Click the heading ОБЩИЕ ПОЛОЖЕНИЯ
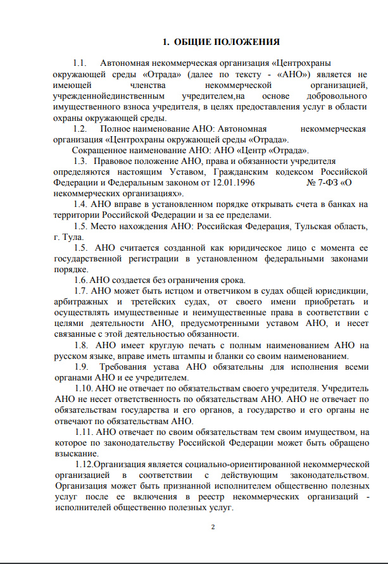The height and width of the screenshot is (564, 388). pos(221,42)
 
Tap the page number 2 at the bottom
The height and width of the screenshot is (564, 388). pos(213,527)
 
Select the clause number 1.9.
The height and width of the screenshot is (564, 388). pos(81,367)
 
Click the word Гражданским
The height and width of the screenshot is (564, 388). pos(247,172)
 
